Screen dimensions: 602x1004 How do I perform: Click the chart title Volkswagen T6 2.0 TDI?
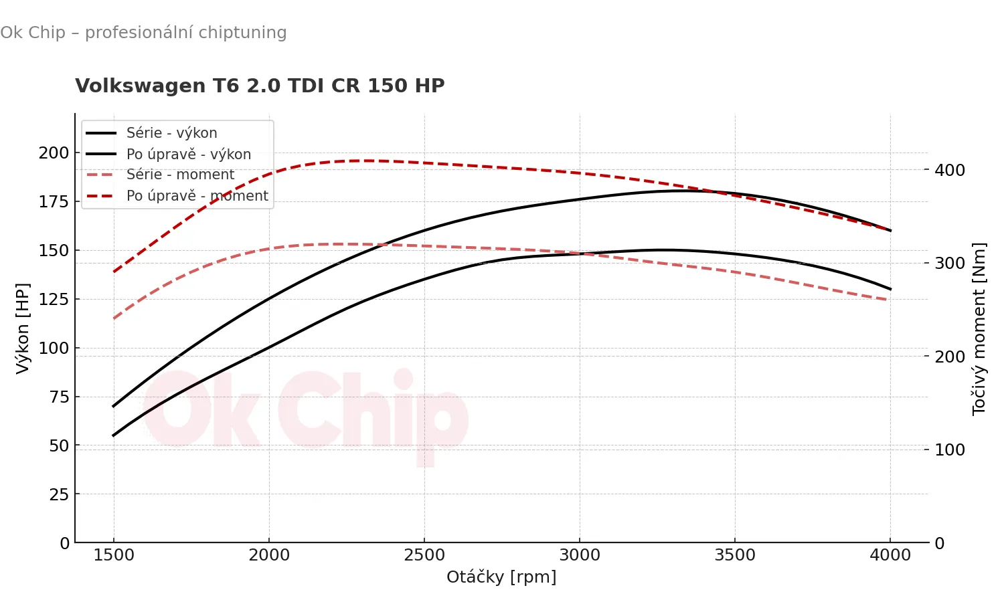tap(260, 86)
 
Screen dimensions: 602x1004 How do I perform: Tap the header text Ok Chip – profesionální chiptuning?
tap(143, 33)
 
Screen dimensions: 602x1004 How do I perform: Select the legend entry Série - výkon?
tap(171, 133)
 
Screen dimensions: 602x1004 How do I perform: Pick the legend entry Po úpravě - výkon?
tap(188, 155)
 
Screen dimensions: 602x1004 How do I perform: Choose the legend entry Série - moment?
tap(180, 175)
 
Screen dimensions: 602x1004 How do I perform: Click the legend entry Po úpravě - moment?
tap(197, 196)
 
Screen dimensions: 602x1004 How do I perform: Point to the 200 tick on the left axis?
tap(54, 153)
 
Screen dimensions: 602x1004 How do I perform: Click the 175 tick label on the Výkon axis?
tap(54, 202)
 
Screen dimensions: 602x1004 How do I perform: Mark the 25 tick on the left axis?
tap(59, 495)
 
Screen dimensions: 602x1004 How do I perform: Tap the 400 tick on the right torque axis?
tap(950, 171)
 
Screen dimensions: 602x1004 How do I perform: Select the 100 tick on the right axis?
tap(950, 450)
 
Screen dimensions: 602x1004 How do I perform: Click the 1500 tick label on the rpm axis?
tap(114, 556)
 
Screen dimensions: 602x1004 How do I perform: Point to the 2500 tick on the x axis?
tap(424, 556)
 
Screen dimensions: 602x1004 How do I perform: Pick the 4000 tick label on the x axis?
tap(890, 556)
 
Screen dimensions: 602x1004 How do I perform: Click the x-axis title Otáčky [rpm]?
tap(501, 577)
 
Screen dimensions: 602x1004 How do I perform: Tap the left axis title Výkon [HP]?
tap(23, 328)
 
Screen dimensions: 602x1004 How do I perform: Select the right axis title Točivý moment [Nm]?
tap(979, 328)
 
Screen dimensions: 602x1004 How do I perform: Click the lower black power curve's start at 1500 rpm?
tap(114, 435)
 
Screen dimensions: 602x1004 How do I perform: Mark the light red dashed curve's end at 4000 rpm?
tap(888, 300)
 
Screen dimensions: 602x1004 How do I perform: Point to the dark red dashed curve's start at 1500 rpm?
tap(114, 272)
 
